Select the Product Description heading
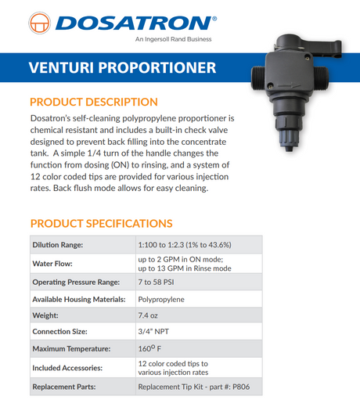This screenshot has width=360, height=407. tap(93, 103)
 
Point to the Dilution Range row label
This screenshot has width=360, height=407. tap(57, 245)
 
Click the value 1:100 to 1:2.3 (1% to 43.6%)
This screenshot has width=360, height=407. tap(184, 245)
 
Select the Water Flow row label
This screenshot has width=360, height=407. tap(52, 263)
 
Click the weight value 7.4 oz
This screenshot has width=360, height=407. tap(149, 315)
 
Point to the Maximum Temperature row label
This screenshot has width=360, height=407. tap(70, 348)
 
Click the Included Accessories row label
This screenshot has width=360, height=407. tap(67, 367)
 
